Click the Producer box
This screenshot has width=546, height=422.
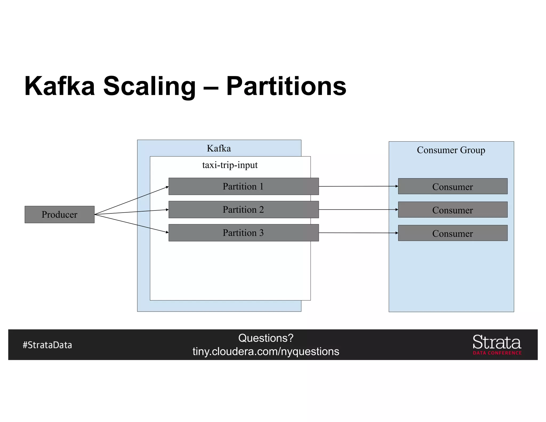point(59,214)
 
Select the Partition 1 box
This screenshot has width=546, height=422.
point(243,186)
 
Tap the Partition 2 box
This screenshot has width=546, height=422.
point(243,210)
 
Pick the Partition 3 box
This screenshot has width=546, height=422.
point(243,233)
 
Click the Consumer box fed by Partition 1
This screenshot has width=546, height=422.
point(452,186)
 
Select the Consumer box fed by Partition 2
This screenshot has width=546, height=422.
point(452,210)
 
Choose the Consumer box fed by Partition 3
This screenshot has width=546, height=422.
point(452,233)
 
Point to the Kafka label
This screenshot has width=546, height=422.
point(219,148)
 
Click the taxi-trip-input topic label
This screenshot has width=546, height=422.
point(230,165)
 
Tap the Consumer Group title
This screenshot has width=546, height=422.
point(451,150)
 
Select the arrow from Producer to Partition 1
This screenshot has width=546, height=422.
point(131,200)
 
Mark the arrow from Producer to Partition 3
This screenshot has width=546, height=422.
point(131,224)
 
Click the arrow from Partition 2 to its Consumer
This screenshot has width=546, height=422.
point(358,210)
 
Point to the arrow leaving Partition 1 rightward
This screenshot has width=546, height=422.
point(358,186)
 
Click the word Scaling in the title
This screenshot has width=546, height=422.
point(149,86)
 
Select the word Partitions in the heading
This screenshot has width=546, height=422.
point(286,86)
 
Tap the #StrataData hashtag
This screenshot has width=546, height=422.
point(47,345)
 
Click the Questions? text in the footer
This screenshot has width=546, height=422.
point(266,338)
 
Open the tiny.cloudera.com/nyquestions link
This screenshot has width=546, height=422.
point(266,352)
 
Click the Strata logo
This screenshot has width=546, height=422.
point(497,344)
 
